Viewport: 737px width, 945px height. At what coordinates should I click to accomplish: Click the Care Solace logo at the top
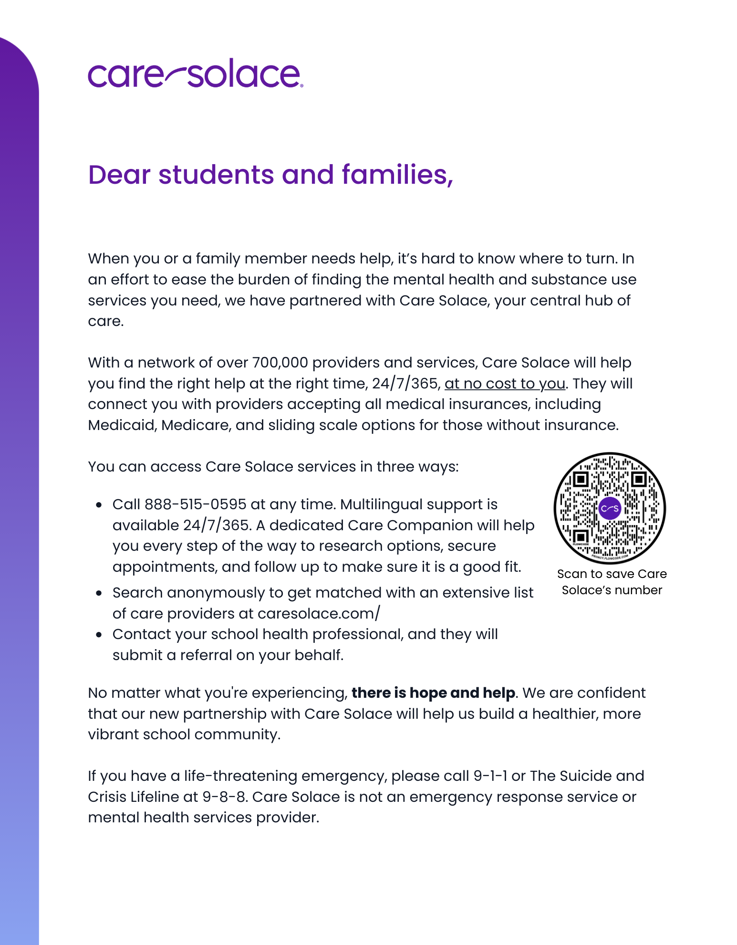tap(195, 74)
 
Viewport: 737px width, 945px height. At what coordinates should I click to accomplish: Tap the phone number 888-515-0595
tap(195, 504)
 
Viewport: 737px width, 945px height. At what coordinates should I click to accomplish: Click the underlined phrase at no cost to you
tap(505, 384)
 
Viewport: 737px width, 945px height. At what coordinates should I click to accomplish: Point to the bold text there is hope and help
tap(433, 693)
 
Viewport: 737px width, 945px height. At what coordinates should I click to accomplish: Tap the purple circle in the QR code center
tap(610, 508)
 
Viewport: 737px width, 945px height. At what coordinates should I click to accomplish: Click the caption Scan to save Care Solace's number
tap(612, 582)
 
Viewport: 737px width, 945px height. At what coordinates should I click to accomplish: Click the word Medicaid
tap(122, 425)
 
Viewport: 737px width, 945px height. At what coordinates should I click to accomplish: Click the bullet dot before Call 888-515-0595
tap(99, 505)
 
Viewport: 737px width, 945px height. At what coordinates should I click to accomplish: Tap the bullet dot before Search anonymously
tap(99, 593)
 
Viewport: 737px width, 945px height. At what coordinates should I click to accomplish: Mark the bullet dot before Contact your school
tap(99, 635)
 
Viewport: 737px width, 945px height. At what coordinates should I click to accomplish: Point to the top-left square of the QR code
tap(581, 479)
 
